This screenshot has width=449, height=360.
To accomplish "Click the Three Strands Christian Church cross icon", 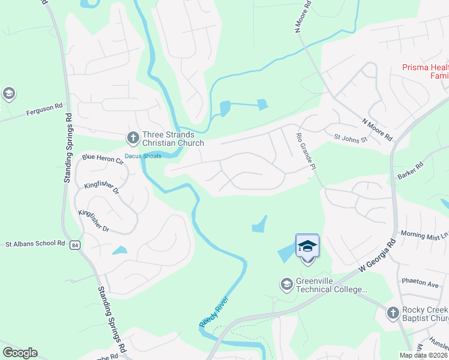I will (133, 139).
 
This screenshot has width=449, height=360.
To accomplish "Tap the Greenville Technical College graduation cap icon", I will (286, 283).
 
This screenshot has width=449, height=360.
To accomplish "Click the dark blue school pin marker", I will (307, 246).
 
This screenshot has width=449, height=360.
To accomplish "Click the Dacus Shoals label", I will (143, 156).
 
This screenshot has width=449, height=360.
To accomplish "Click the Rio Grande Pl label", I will (304, 151).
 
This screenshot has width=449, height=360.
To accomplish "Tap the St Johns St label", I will (349, 137).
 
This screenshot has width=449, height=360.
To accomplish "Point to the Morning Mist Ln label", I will (423, 234).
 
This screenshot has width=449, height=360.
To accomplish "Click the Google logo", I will (20, 353).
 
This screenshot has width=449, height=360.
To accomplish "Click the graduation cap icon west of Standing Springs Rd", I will (8, 94).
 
